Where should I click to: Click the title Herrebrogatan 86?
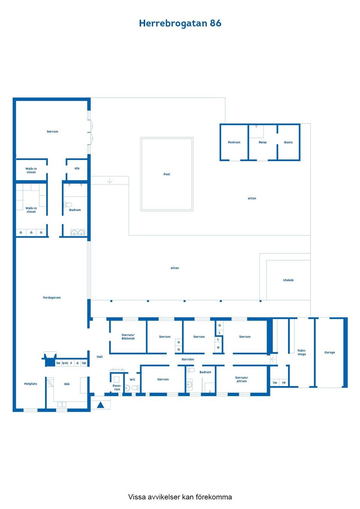click(x=180, y=23)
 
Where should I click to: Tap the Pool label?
click(x=167, y=174)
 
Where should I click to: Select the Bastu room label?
click(x=288, y=142)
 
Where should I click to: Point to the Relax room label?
click(x=262, y=142)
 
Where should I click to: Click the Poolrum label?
click(x=234, y=142)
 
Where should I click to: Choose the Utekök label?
click(x=288, y=280)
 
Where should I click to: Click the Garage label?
click(x=329, y=352)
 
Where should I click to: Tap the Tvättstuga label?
click(x=301, y=352)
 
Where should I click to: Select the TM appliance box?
click(x=274, y=383)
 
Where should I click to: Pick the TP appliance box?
click(x=284, y=383)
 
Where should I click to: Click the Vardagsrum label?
click(x=52, y=298)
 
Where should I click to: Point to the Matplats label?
click(x=31, y=384)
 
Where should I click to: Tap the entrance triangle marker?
click(x=100, y=405)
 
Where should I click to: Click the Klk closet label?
click(x=77, y=168)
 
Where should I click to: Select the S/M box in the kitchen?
click(x=65, y=363)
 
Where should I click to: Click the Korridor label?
click(x=188, y=359)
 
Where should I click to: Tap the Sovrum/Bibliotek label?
click(x=128, y=337)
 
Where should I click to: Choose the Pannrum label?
click(x=117, y=387)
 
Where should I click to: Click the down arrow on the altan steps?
click(x=109, y=181)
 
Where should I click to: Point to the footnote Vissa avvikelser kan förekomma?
click(x=180, y=497)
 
